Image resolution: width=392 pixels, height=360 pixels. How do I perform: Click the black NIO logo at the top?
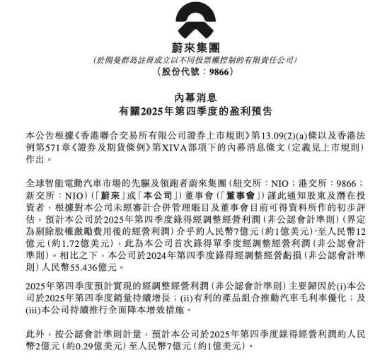click(196, 22)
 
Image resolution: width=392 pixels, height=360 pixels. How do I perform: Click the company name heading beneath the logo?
click(196, 47)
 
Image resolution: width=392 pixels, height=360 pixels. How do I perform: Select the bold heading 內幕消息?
click(196, 98)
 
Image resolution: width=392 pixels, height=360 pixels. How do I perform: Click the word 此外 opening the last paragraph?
click(34, 338)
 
